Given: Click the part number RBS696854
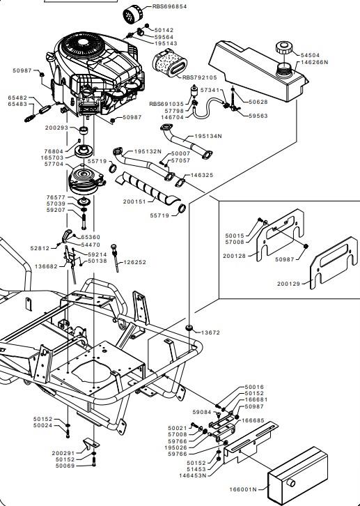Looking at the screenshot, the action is click(169, 6).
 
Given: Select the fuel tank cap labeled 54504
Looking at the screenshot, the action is click(283, 48).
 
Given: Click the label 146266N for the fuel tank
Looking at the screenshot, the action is click(314, 62).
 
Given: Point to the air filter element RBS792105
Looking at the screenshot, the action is click(169, 63).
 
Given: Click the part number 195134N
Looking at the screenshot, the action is click(208, 136).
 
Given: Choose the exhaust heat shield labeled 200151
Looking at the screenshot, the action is click(148, 189).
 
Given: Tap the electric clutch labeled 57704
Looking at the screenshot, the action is click(86, 179).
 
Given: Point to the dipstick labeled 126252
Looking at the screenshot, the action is click(115, 258).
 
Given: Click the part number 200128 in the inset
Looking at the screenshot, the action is click(234, 256).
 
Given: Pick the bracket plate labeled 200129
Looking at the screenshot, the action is click(334, 263).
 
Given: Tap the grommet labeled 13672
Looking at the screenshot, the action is click(189, 328).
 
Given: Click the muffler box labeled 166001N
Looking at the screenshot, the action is click(297, 475).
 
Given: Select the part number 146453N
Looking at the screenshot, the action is click(193, 475).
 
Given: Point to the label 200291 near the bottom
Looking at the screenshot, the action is click(63, 454).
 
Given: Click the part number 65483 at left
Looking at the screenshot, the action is click(17, 105).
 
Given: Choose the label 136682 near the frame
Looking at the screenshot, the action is click(46, 266).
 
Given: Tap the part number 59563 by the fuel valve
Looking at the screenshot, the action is click(258, 116).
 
